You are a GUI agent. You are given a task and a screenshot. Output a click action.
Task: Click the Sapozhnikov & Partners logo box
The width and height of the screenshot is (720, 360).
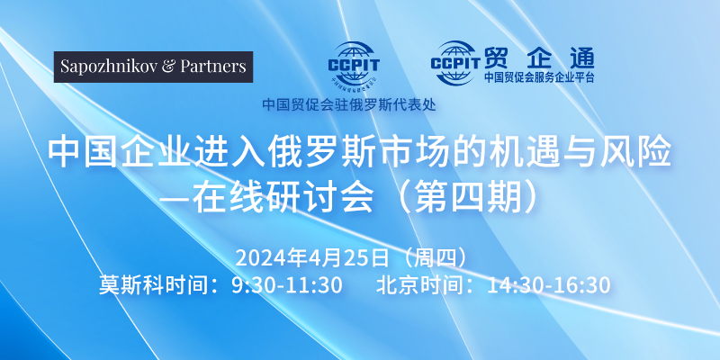(x=153, y=67)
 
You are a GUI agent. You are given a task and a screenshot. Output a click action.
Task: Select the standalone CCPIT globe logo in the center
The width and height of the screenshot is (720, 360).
(x=354, y=64)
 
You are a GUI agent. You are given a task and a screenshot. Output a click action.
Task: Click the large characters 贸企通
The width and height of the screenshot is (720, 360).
(x=539, y=58)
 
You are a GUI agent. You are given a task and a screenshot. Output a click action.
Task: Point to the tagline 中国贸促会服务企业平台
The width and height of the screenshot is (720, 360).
(x=539, y=77)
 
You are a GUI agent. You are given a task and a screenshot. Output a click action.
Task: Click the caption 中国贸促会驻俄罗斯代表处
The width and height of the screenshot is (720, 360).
(x=349, y=104)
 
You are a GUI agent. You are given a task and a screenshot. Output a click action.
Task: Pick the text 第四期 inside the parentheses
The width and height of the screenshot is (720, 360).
(x=468, y=198)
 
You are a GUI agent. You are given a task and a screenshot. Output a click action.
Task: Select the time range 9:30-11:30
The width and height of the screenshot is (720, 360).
(x=287, y=285)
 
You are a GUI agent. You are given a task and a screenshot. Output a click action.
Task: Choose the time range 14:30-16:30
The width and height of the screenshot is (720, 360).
(x=548, y=285)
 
